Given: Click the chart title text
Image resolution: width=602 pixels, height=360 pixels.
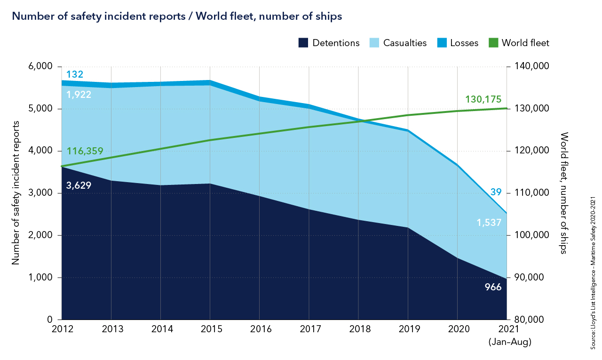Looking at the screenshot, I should tap(176, 16).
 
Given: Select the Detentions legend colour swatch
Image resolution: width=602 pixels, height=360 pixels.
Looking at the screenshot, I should tap(303, 43).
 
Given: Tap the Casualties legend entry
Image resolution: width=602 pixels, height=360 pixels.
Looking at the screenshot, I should tap(400, 43).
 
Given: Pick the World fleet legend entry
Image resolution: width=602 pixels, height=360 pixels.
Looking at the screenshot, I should tap(519, 43).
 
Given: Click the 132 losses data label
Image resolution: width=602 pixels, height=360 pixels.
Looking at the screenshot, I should tap(75, 74).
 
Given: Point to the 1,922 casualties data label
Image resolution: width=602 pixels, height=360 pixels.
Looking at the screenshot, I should tap(79, 95).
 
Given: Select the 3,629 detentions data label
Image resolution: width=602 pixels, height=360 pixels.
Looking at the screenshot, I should tap(79, 185).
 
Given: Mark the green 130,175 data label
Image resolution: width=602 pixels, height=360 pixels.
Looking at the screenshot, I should tap(483, 99).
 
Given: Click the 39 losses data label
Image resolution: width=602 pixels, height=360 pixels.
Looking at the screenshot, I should tap(496, 192).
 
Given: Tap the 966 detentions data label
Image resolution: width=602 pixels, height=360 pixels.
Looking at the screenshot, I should tap(493, 287).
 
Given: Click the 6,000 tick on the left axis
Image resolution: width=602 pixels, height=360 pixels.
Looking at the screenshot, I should tap(40, 66).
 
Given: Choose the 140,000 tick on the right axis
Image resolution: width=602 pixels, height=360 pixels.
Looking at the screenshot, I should tap(530, 66).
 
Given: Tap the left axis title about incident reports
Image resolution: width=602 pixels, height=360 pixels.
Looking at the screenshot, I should tap(16, 193).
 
